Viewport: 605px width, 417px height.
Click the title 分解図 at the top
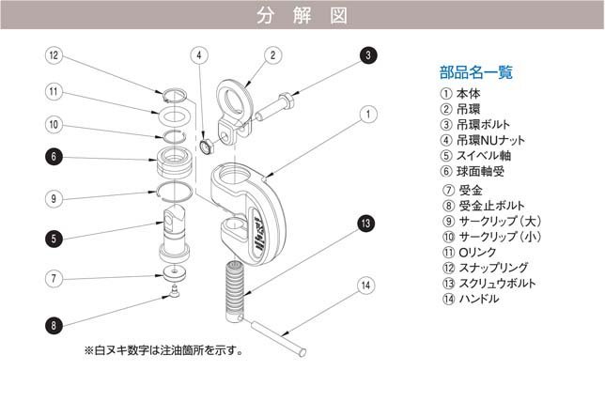(x=302, y=15)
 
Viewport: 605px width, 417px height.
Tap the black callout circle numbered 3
(x=367, y=55)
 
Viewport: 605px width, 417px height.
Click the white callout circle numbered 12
(x=54, y=55)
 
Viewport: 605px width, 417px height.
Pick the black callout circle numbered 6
(x=54, y=157)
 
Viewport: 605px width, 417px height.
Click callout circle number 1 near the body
(x=367, y=114)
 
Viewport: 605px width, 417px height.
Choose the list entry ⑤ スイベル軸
(x=475, y=156)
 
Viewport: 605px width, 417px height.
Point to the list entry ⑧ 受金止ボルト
(x=482, y=205)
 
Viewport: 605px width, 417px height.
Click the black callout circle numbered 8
(x=54, y=325)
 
